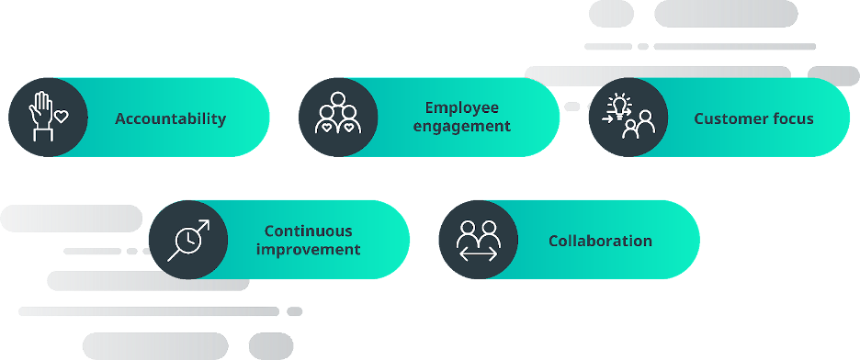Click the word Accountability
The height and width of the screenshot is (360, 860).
click(170, 118)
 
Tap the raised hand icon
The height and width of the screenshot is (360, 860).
click(41, 116)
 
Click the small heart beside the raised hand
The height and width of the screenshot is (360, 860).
click(62, 116)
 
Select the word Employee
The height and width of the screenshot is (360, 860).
click(462, 107)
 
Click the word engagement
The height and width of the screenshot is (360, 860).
click(462, 127)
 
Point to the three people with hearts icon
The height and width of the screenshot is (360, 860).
click(338, 113)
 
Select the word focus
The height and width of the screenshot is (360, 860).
click(793, 118)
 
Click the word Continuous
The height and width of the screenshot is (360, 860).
click(308, 231)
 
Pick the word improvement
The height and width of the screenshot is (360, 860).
click(308, 250)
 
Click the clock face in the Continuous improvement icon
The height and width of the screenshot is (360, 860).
click(188, 240)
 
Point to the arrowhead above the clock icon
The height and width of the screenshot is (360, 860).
click(204, 224)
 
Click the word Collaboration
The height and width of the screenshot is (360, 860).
click(600, 242)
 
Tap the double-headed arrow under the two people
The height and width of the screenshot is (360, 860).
click(479, 254)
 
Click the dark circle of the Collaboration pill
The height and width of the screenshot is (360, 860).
click(479, 240)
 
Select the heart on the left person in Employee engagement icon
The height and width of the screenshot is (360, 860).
click(326, 127)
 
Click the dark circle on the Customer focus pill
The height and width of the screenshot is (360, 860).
click(628, 118)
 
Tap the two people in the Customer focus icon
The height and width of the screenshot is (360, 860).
click(639, 125)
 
